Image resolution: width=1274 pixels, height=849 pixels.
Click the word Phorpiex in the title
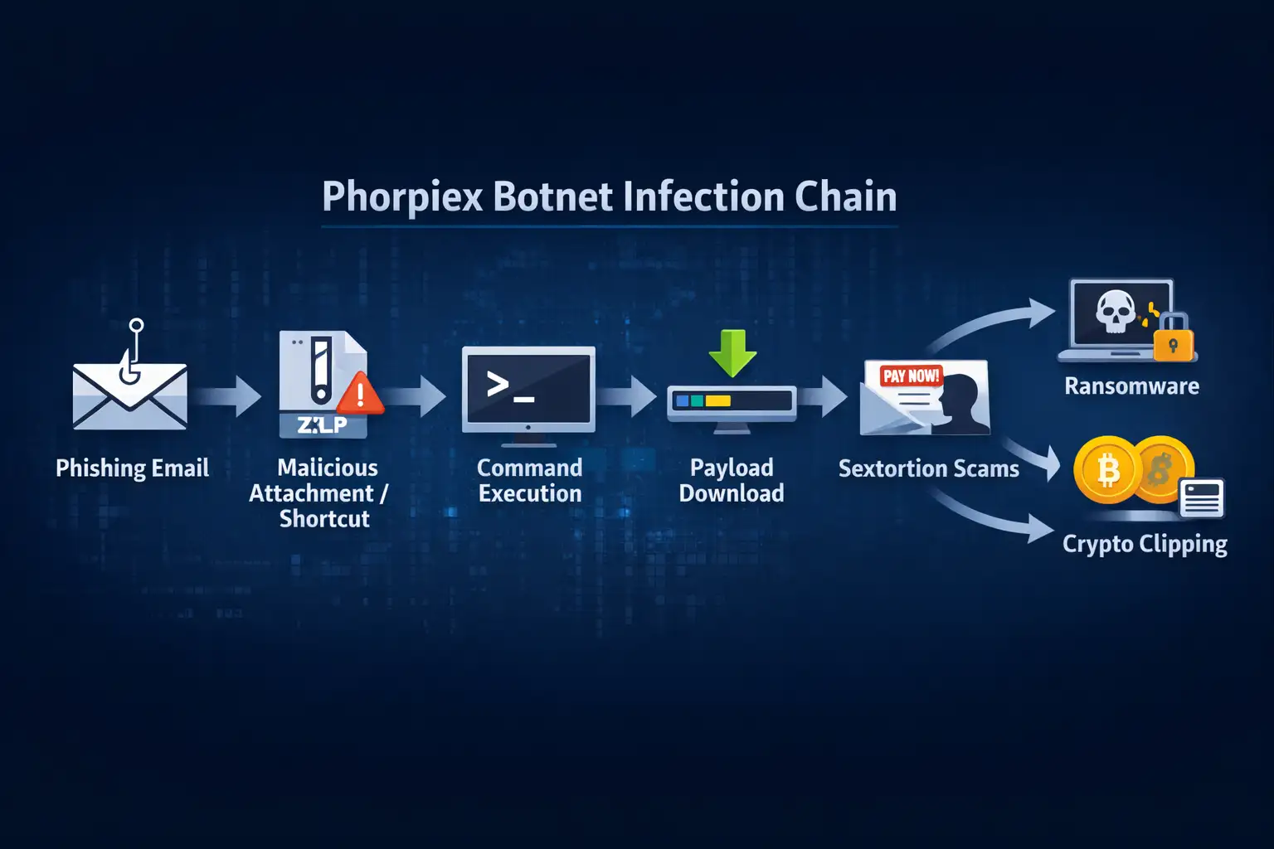(402, 197)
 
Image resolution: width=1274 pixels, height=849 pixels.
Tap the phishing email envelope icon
(130, 395)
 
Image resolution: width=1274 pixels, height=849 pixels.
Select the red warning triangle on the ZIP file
(360, 394)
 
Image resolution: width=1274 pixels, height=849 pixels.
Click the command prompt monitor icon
(528, 389)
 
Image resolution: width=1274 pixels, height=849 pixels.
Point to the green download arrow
(732, 352)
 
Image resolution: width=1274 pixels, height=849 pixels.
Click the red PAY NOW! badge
(911, 376)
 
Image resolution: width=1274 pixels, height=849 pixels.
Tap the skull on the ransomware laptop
(1116, 311)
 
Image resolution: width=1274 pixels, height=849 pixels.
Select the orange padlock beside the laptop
(1173, 341)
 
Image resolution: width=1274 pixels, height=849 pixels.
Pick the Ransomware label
(1131, 386)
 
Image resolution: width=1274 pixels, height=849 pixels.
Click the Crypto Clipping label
(1145, 545)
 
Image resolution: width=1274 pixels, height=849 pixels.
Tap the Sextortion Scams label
(928, 469)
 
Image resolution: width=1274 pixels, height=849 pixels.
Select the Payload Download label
(732, 480)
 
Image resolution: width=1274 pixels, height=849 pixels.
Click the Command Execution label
(530, 480)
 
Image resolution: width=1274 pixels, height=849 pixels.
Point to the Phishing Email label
(132, 468)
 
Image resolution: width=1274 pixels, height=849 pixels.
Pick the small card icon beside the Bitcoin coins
(1202, 498)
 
